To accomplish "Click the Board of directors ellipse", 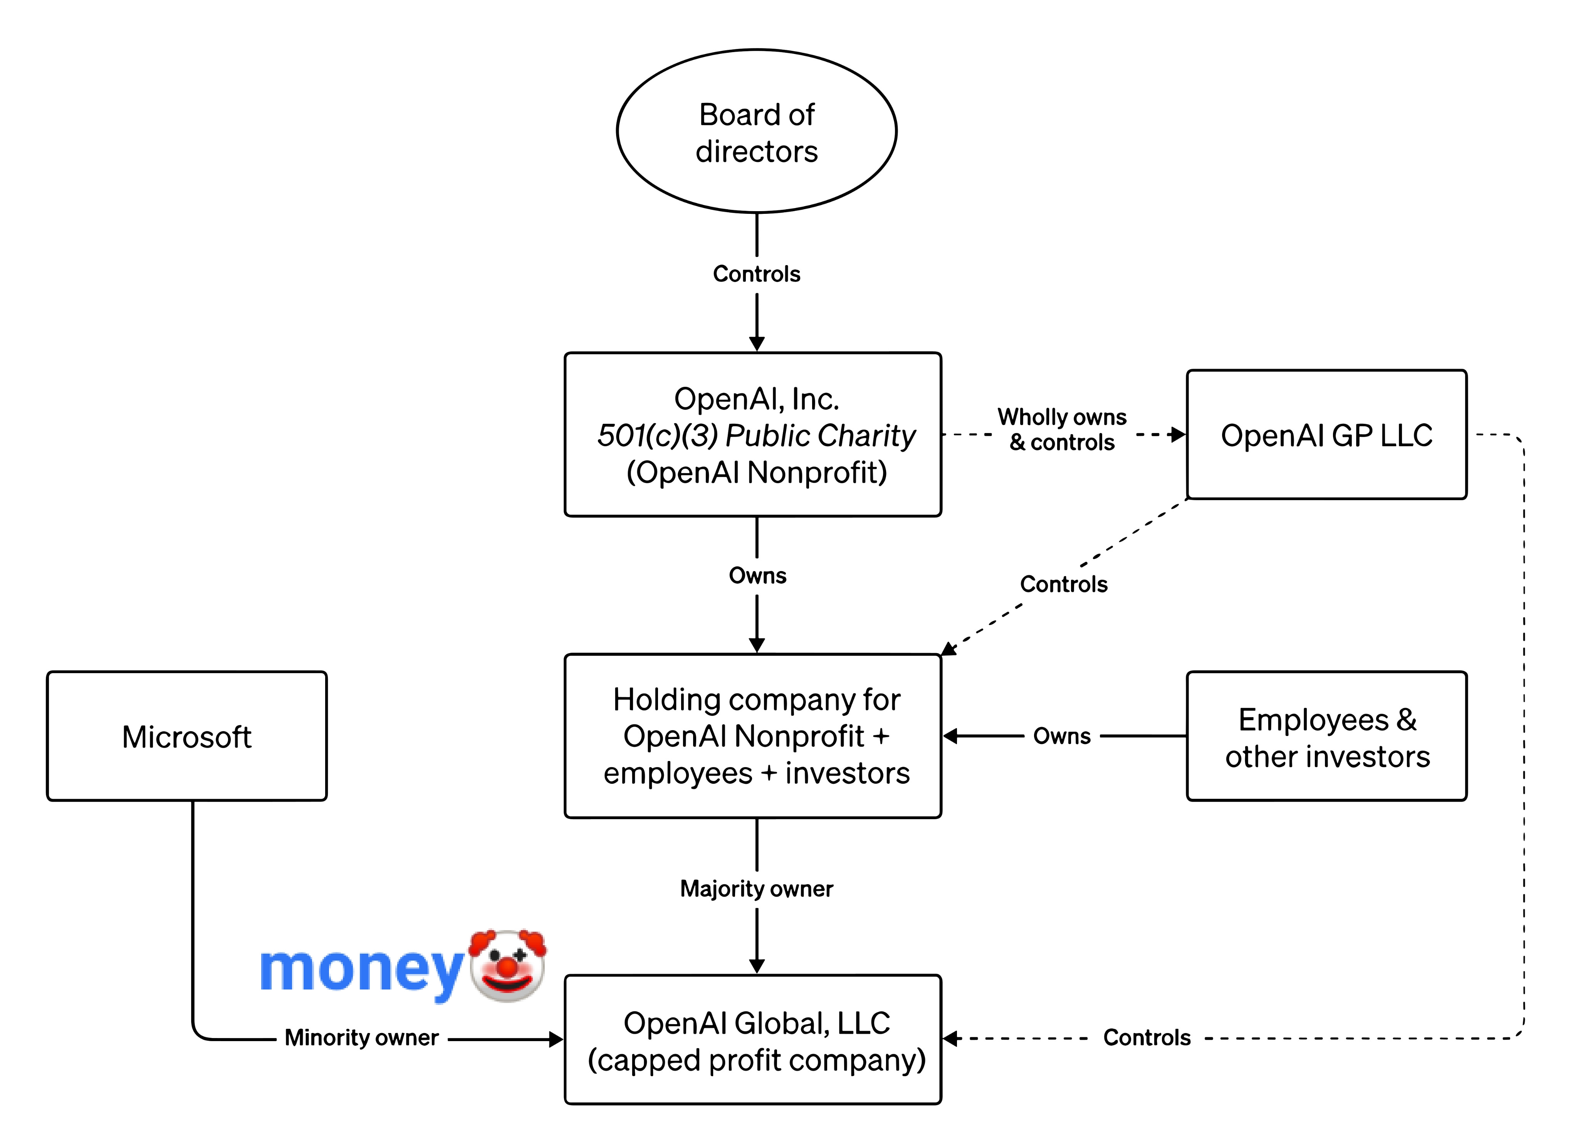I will tap(756, 131).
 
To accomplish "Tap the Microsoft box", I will tap(186, 736).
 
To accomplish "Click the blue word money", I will tap(361, 970).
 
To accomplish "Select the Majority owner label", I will tap(756, 889).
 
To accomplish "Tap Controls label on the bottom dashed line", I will tap(1147, 1038).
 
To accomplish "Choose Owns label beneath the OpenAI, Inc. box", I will tap(757, 576).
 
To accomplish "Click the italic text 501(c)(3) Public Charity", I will tap(756, 436).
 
